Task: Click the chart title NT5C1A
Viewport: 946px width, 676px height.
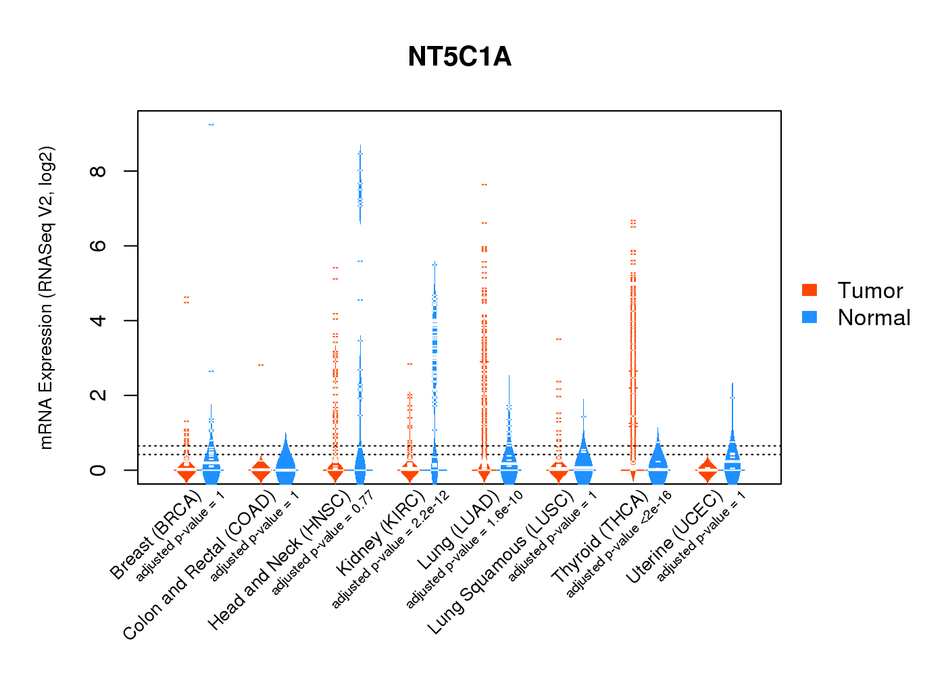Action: [x=459, y=57]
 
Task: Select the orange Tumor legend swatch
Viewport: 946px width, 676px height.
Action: [x=810, y=290]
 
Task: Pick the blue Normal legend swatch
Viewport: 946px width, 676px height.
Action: [x=810, y=317]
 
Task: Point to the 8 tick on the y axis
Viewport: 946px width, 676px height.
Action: [x=99, y=171]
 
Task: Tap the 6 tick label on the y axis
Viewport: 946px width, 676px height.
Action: [x=99, y=246]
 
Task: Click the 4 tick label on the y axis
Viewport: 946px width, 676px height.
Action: [x=99, y=320]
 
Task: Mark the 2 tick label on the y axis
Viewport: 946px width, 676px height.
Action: [x=99, y=395]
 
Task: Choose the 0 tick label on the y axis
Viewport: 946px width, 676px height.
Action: [x=99, y=470]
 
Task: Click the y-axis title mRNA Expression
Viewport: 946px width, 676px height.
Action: [x=46, y=297]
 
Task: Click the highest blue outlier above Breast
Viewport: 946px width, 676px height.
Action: [x=211, y=124]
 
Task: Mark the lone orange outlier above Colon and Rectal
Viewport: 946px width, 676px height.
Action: [x=261, y=365]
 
